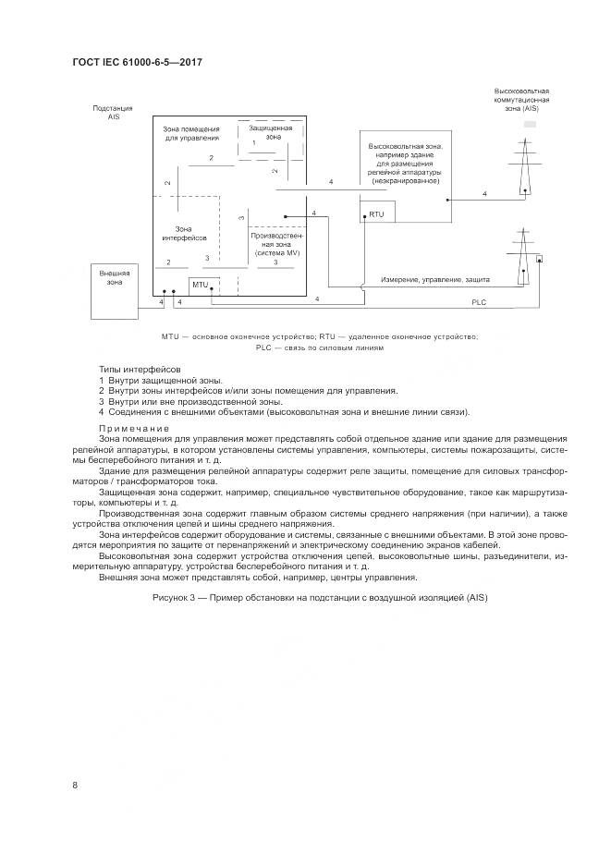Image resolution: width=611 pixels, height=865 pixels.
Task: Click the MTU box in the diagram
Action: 201,285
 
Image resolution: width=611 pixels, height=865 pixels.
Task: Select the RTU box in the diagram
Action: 375,214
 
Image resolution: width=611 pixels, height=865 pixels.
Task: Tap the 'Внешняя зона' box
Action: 116,279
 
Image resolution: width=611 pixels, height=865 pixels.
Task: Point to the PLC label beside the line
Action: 478,301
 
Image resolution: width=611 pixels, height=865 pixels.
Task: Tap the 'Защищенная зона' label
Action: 270,132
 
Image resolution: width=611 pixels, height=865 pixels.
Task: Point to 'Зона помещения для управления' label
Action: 191,133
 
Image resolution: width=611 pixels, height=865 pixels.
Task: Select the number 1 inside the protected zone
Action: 254,143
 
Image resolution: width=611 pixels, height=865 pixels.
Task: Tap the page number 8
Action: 75,785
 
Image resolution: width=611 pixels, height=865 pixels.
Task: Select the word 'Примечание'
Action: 134,428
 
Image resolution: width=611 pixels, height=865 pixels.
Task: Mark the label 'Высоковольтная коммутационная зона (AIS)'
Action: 522,100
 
